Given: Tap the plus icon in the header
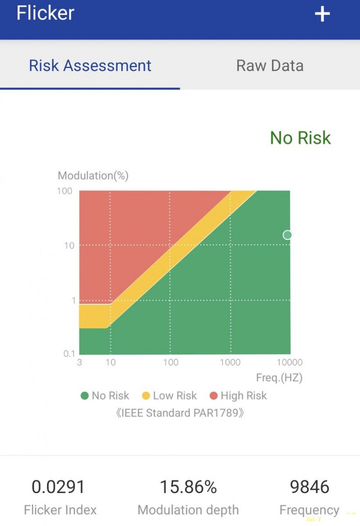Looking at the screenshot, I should (322, 14).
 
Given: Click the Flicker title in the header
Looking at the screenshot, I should (45, 13).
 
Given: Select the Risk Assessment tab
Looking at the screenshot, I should (90, 66).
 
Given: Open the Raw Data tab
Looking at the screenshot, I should (270, 66).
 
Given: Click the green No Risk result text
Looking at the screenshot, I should (300, 138).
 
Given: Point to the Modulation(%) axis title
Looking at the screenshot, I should (93, 175).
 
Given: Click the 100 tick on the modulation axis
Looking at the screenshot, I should (65, 191).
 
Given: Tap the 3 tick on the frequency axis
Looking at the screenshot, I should (79, 363).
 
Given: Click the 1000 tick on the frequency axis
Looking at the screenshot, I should (230, 363).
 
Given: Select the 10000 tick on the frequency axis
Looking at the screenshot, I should (289, 363).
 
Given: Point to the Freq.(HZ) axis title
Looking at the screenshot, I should (279, 378).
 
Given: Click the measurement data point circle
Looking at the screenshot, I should (287, 235).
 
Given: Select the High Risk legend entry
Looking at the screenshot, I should (238, 396).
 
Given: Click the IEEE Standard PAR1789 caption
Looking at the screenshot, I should (180, 413).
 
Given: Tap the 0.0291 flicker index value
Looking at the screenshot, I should (58, 487).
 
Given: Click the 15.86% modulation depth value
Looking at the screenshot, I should (188, 487).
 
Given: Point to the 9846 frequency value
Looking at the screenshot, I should (310, 487).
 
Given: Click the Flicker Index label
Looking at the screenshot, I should (60, 510).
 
